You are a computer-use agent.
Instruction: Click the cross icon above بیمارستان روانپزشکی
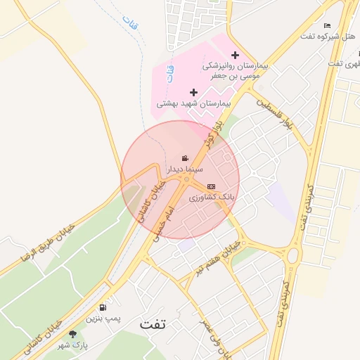pos(235,55)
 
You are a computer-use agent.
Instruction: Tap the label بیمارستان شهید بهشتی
pos(193,103)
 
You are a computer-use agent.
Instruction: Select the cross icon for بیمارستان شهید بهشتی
pos(193,92)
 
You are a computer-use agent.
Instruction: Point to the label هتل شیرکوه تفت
pos(327,36)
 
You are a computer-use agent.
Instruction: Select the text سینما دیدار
pos(184,169)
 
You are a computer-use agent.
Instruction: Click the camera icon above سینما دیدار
pos(184,158)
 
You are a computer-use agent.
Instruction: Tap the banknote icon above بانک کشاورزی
pos(211,186)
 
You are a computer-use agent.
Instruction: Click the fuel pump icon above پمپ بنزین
pos(103,307)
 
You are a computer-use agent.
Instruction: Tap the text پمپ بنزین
pos(103,319)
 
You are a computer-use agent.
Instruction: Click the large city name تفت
pos(153,324)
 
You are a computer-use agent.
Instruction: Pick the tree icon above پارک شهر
pos(72,334)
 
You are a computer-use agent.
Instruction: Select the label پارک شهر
pos(73,345)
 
